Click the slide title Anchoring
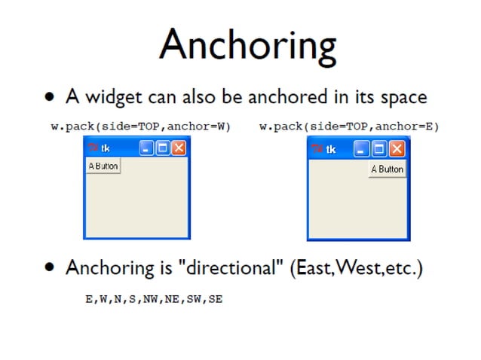[248, 44]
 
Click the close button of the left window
[178, 148]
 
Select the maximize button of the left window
[163, 148]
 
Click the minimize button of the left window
[148, 148]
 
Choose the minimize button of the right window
[363, 148]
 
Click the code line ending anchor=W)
[140, 127]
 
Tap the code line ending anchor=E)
[348, 127]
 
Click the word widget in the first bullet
[107, 97]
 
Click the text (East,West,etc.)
[356, 268]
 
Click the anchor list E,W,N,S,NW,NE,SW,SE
[153, 299]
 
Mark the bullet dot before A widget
[50, 98]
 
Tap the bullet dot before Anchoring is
[50, 268]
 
